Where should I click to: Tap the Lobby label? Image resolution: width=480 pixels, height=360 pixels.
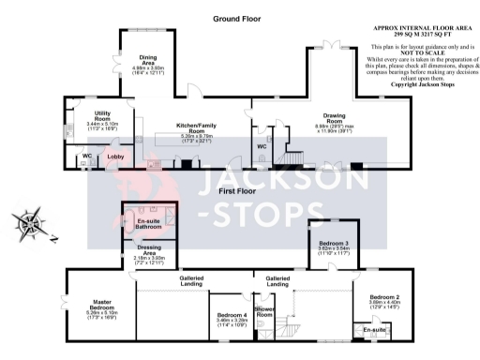coord(116,157)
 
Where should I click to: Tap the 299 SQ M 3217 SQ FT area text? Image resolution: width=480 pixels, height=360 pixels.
coord(412,34)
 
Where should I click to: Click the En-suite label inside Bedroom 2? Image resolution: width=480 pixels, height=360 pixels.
coord(373,329)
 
